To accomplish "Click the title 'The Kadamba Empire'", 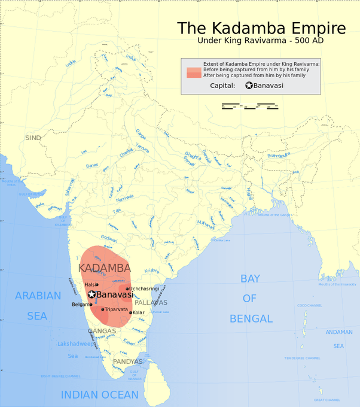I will tap(261, 29).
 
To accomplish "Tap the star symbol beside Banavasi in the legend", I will tap(249, 86).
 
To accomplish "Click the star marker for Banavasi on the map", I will tap(91, 294).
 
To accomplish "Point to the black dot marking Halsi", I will tap(97, 285).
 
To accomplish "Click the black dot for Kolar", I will tap(131, 312).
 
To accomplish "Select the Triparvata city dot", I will tap(103, 309).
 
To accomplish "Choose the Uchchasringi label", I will tap(144, 288).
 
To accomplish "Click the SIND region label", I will tap(33, 138).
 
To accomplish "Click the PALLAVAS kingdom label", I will tap(151, 303).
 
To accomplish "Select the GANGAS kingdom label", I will tap(102, 331).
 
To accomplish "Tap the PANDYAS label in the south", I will tap(127, 362).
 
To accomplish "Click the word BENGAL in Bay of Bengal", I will tap(251, 318).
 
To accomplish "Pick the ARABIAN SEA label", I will tap(38, 305).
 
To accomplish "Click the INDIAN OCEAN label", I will tap(99, 395).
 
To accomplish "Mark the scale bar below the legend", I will tap(252, 107).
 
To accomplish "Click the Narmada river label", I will tap(124, 198).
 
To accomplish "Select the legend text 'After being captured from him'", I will tap(254, 75).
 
